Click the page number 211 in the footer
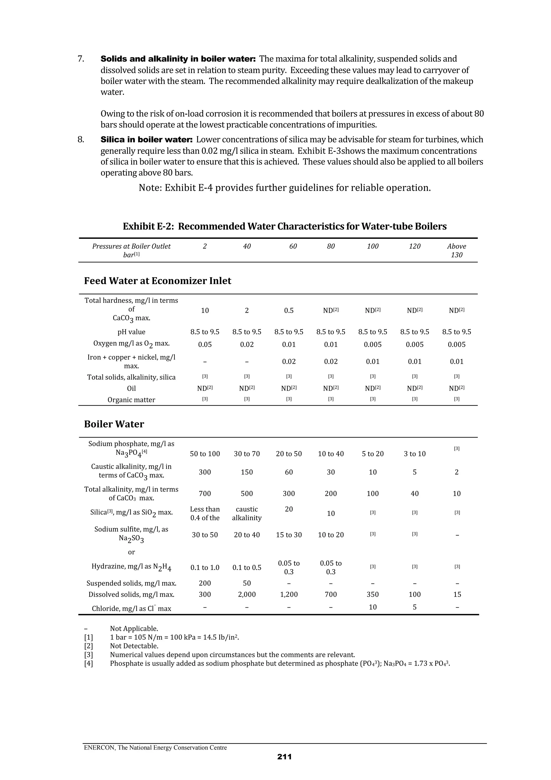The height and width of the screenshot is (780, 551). (x=284, y=757)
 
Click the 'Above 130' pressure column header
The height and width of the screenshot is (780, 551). (x=456, y=250)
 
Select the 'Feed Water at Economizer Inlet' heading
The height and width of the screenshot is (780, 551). (x=158, y=281)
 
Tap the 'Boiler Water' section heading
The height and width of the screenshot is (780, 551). (x=114, y=424)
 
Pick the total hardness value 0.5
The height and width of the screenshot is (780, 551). (x=289, y=310)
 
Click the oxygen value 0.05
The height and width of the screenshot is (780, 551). (x=205, y=344)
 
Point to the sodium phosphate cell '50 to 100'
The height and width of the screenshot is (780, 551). (x=205, y=454)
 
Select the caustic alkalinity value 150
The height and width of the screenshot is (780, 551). (x=247, y=472)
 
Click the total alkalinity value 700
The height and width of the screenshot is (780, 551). (x=205, y=493)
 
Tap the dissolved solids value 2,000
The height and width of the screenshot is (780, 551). (x=247, y=594)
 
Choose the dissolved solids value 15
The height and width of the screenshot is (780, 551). (x=457, y=594)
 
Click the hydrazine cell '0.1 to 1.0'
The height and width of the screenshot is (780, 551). (x=205, y=567)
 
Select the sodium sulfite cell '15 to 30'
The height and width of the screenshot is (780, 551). (x=289, y=535)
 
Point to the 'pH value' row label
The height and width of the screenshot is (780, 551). (x=131, y=332)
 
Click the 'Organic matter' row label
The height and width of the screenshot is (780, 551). (x=131, y=400)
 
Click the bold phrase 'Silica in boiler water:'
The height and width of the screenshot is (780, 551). (x=146, y=140)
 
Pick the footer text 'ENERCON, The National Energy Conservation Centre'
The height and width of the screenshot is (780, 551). (x=156, y=747)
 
